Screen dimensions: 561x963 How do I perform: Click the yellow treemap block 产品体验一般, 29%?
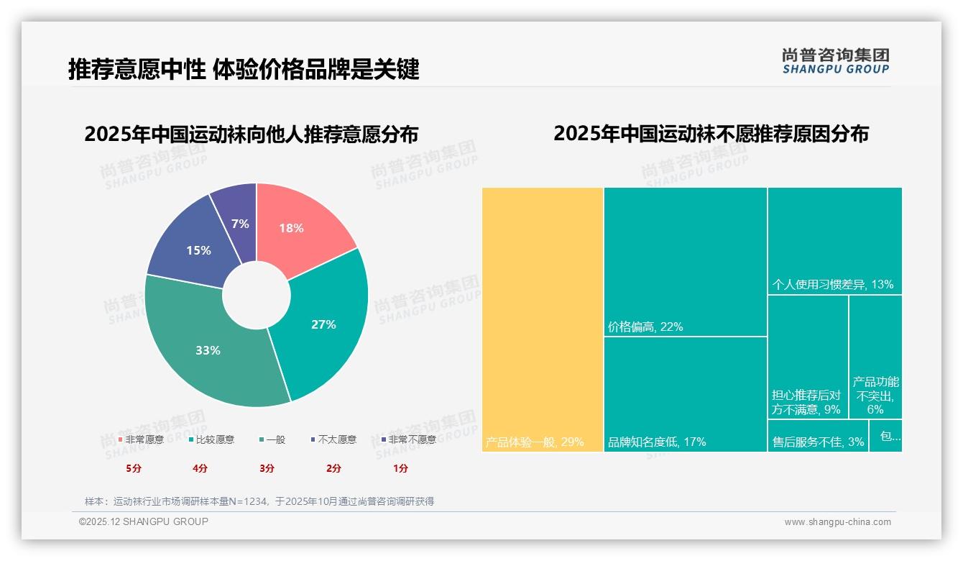point(542,319)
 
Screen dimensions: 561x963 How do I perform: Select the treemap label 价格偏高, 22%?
point(645,327)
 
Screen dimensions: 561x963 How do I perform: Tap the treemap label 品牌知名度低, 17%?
point(657,442)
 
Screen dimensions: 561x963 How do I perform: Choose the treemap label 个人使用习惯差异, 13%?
point(832,284)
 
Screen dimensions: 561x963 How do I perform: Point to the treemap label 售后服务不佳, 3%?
point(818,442)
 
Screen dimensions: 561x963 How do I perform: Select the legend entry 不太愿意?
point(336,439)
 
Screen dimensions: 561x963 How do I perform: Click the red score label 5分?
point(134,468)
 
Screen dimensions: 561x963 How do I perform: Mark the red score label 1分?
point(400,468)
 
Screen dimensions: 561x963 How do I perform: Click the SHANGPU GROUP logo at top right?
point(835,61)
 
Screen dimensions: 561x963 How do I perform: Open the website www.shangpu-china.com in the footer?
point(837,522)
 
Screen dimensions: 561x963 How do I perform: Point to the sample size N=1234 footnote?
point(259,501)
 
